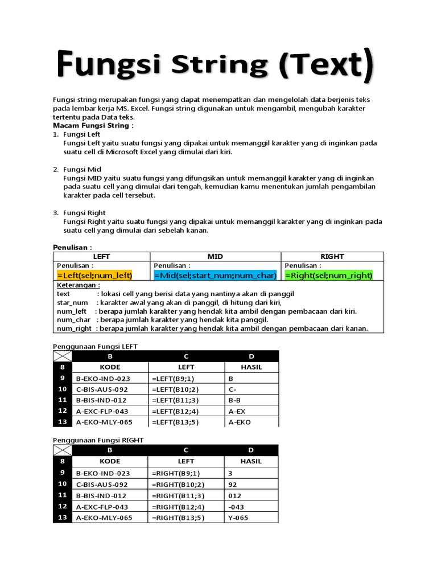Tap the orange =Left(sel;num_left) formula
click(x=94, y=276)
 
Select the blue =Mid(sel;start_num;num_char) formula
click(x=215, y=276)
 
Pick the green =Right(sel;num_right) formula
click(x=328, y=276)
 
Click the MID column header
click(x=215, y=257)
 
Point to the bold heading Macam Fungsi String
click(x=93, y=125)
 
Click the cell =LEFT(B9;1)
click(x=173, y=378)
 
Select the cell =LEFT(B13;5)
click(x=175, y=422)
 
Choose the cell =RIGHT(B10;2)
click(x=178, y=484)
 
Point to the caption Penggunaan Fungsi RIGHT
click(x=98, y=440)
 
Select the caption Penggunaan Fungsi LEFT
click(x=96, y=346)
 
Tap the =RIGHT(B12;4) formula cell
click(x=178, y=507)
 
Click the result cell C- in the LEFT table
click(x=232, y=389)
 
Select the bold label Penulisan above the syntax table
click(x=72, y=247)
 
